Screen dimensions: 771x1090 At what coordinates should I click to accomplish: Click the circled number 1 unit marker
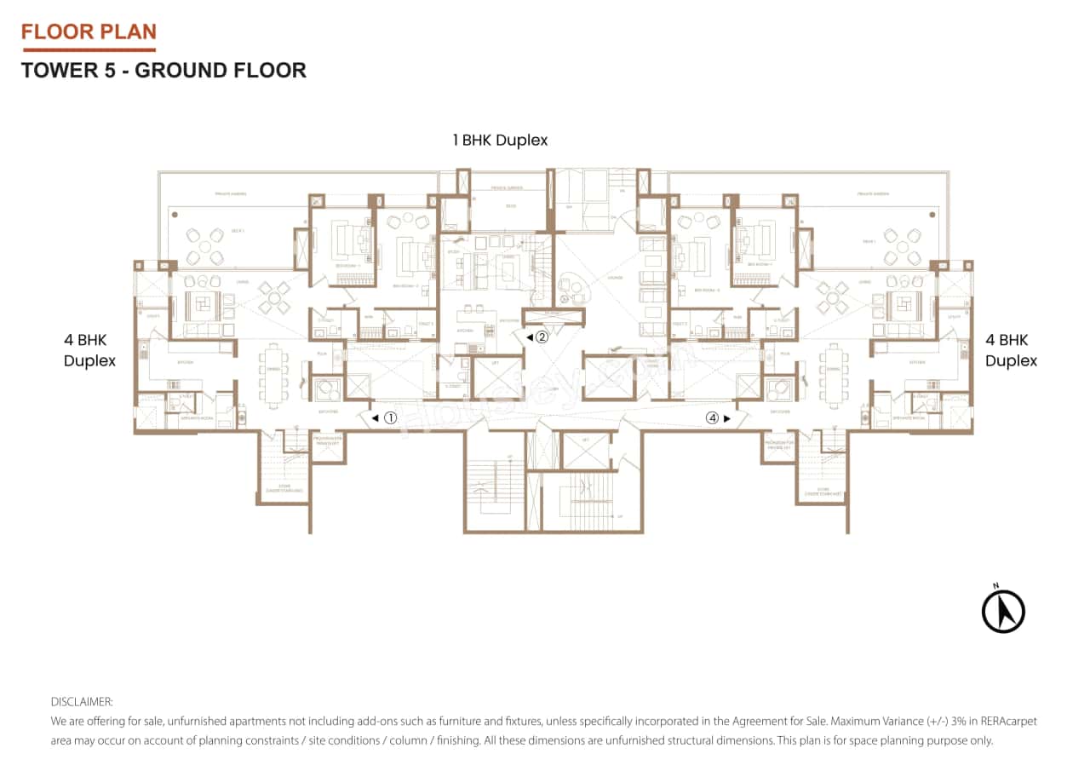click(390, 418)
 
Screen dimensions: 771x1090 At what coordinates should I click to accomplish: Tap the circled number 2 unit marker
click(542, 337)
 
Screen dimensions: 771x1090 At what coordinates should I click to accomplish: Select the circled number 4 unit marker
click(712, 418)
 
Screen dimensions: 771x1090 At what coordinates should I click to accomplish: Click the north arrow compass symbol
click(1003, 611)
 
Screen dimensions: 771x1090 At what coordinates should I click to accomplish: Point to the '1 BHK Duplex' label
click(500, 140)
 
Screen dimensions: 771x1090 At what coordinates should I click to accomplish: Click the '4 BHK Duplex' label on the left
click(89, 350)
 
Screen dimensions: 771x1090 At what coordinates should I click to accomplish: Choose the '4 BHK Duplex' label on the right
click(1011, 350)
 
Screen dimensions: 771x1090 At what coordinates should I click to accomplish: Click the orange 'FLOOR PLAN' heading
click(89, 32)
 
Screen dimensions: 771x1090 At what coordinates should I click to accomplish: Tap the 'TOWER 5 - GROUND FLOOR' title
click(163, 70)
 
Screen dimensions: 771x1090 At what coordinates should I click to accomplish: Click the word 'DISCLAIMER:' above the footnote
click(82, 702)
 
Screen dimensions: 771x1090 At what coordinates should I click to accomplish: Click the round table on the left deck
click(205, 246)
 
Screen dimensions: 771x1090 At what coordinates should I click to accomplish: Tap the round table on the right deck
click(902, 246)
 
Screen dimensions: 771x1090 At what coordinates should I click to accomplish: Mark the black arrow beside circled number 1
click(375, 418)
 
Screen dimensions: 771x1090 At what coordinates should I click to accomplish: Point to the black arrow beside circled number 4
click(726, 418)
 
